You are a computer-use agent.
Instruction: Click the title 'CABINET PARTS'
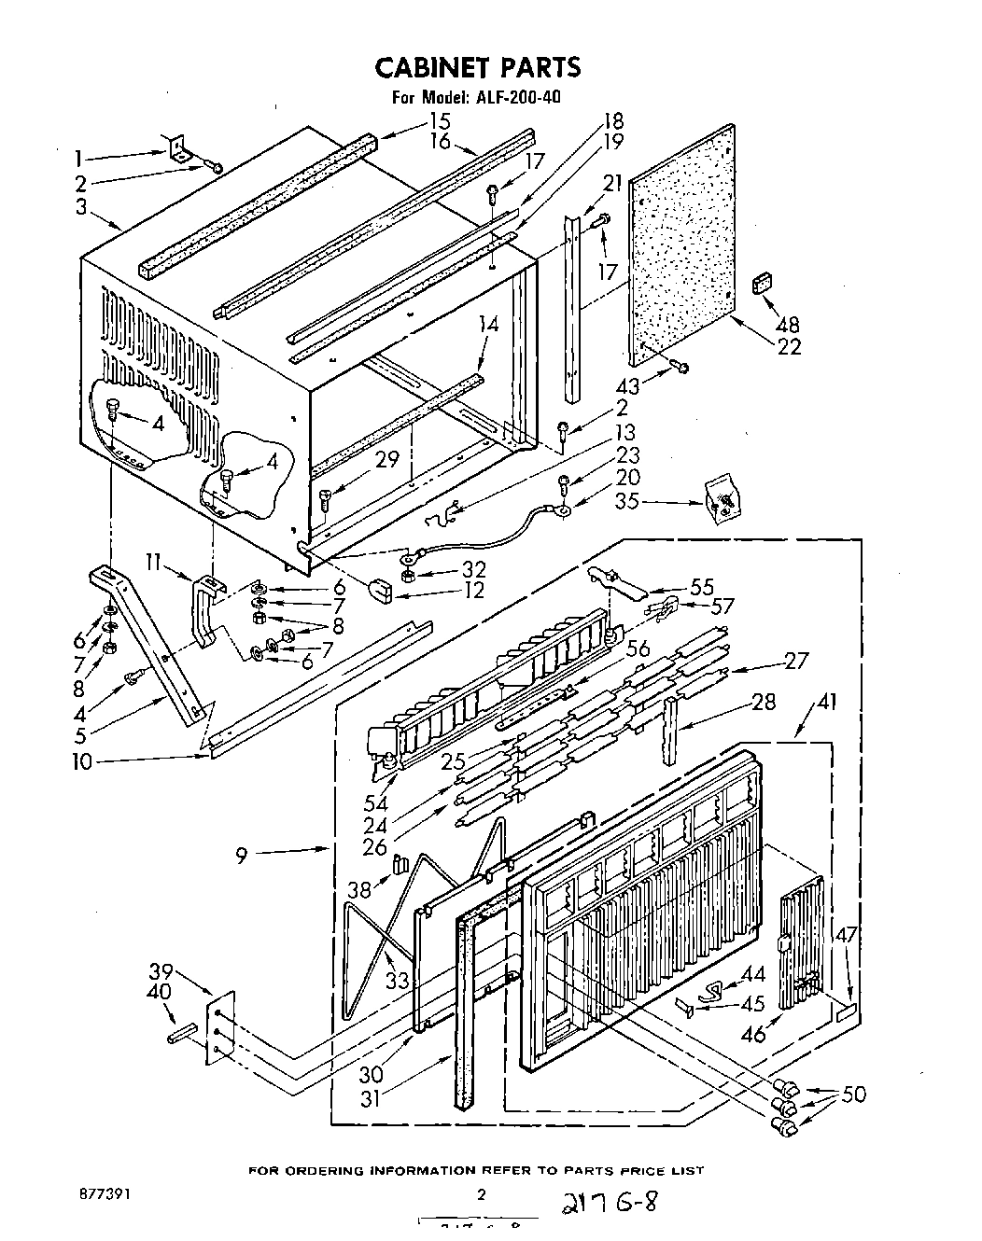477,67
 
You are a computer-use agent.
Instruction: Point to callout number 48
789,325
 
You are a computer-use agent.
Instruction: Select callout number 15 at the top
440,121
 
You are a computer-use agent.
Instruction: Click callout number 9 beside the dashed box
242,854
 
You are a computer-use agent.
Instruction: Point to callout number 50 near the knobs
853,1095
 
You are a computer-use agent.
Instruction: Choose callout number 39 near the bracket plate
161,972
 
